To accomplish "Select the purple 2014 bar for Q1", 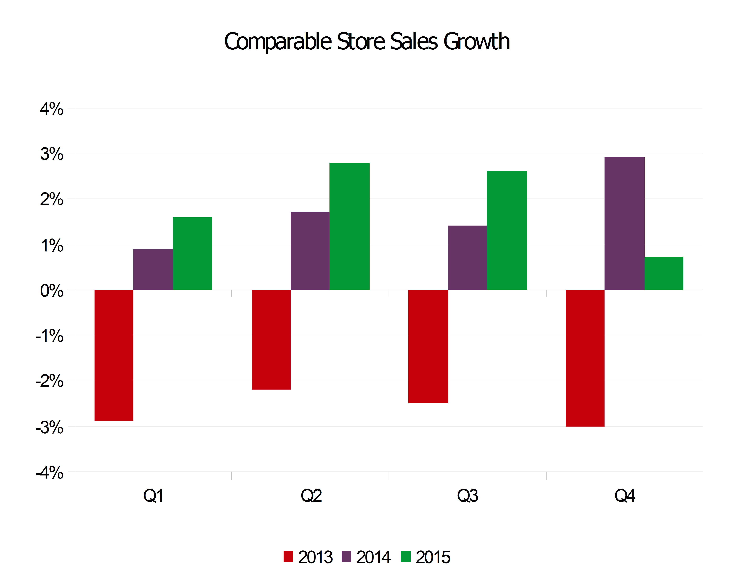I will pyautogui.click(x=153, y=269).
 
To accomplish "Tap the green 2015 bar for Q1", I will pyautogui.click(x=192, y=254).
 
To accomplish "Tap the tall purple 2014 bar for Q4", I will pyautogui.click(x=624, y=223).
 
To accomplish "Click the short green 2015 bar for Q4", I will pyautogui.click(x=664, y=273).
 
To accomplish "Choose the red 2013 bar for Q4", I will pyautogui.click(x=585, y=358).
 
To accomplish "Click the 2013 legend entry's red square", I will pyautogui.click(x=288, y=556).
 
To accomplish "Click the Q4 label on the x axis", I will pyautogui.click(x=624, y=496).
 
